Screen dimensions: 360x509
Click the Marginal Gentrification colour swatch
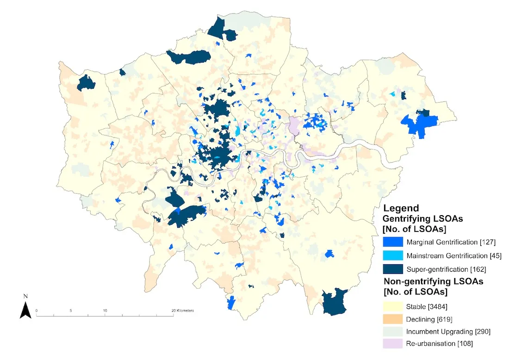392,242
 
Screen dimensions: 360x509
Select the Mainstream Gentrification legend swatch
392,255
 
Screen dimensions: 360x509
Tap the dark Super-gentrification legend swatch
392,269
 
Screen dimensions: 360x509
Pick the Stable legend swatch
392,306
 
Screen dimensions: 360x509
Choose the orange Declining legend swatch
392,319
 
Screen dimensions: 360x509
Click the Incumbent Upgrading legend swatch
392,331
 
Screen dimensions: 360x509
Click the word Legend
401,208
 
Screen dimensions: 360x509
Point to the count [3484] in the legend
436,306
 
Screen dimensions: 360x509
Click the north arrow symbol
25,309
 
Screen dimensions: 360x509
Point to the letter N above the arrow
26,296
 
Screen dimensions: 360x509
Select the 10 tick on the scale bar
105,310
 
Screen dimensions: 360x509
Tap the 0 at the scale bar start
37,310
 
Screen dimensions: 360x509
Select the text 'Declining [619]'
429,319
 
